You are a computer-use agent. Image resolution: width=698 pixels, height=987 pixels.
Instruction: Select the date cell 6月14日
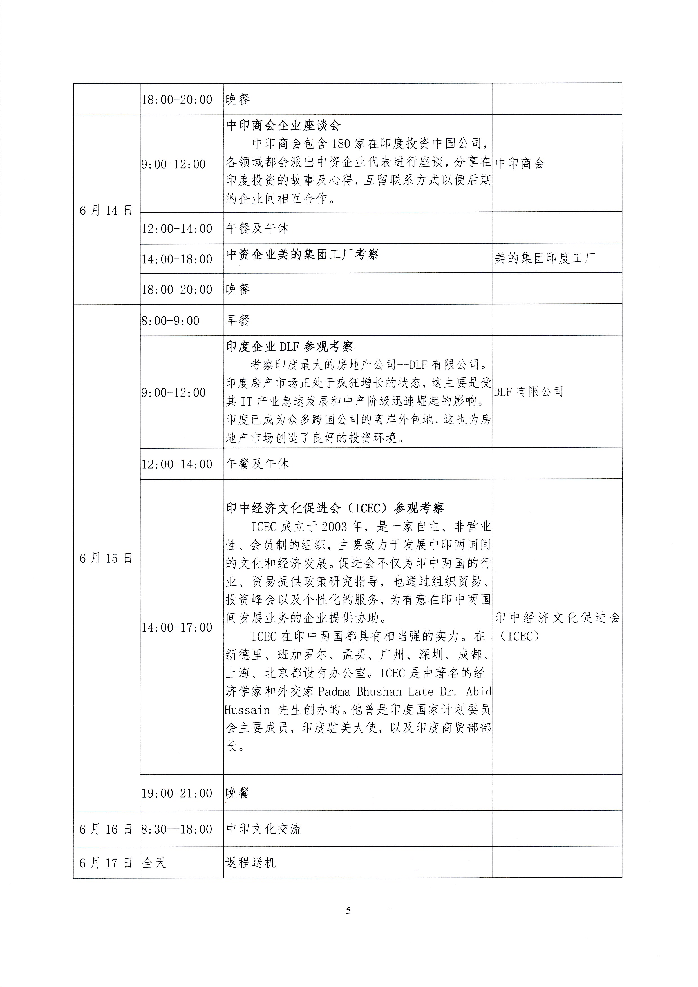point(106,210)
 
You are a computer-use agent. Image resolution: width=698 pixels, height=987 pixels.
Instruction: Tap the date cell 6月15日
point(106,558)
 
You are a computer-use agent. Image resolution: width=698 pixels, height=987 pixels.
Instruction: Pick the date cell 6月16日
point(106,829)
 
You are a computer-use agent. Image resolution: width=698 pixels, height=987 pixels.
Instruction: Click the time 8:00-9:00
point(170,321)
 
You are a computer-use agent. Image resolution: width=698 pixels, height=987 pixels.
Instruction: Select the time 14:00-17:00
point(177,627)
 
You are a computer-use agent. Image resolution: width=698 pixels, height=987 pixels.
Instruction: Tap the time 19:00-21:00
point(177,793)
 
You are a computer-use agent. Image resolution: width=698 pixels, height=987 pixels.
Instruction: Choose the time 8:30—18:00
point(177,829)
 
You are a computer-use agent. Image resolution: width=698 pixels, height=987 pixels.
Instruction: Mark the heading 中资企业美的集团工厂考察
point(303,254)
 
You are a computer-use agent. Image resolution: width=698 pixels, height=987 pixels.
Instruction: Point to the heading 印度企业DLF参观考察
point(290,346)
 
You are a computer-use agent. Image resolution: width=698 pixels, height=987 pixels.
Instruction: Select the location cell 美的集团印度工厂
point(545,258)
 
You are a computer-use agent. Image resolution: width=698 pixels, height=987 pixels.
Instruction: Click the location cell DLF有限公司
point(529,391)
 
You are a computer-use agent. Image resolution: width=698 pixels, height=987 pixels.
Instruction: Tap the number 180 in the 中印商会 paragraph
point(341,144)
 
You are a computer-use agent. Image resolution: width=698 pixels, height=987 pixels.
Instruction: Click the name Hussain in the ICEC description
point(247,710)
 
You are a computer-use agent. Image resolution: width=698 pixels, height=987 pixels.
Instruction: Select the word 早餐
point(238,320)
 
